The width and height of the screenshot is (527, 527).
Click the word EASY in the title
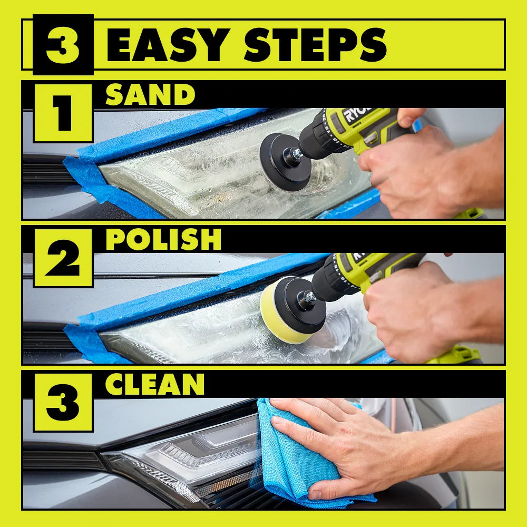point(168,45)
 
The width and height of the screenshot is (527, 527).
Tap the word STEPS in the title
point(315,45)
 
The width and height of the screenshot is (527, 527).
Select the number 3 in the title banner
point(63,45)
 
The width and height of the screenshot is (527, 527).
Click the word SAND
point(150,94)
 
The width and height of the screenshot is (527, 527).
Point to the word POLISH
point(163,239)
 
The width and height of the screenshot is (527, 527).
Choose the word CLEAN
point(154,384)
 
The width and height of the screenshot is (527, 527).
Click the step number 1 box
point(63,113)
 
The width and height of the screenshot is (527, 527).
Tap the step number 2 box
point(63,258)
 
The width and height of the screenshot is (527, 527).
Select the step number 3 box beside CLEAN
point(63,403)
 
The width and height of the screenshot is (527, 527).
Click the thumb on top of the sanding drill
point(410,116)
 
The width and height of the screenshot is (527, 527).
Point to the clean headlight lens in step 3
point(188,461)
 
